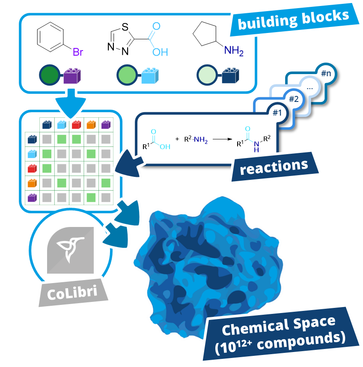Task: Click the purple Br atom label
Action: click(x=77, y=53)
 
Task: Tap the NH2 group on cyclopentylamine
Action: click(x=234, y=51)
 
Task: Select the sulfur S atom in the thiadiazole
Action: click(x=125, y=26)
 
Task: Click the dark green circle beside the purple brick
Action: click(x=48, y=75)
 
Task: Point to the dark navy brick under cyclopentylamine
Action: click(x=230, y=75)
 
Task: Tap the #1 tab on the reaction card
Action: click(x=277, y=113)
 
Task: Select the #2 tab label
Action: click(x=294, y=99)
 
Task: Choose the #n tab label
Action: click(x=326, y=73)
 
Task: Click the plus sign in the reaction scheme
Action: click(x=177, y=139)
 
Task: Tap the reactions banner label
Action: click(x=274, y=166)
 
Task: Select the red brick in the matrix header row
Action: click(x=76, y=125)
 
